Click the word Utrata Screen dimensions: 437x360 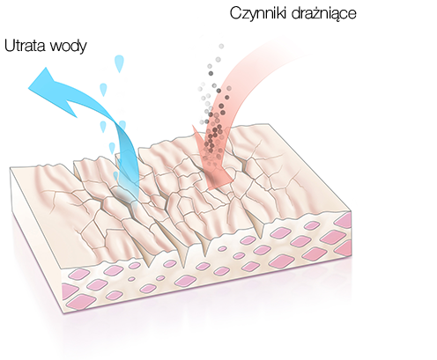pyautogui.click(x=26, y=46)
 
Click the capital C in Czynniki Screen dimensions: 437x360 pyautogui.click(x=235, y=13)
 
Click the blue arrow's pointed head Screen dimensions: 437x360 pyautogui.click(x=28, y=87)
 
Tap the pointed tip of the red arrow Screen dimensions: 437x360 pyautogui.click(x=208, y=188)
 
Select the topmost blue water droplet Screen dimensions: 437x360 pyautogui.click(x=119, y=63)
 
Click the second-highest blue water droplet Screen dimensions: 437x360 pyautogui.click(x=103, y=90)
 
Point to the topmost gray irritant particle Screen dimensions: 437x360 pyautogui.click(x=221, y=46)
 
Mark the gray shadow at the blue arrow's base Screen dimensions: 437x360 pyautogui.click(x=122, y=195)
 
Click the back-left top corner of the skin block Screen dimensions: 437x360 pyautogui.click(x=10, y=167)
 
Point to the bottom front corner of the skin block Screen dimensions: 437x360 pyautogui.click(x=63, y=314)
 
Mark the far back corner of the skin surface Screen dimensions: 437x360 pyautogui.click(x=269, y=124)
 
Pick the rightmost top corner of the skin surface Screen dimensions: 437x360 pyautogui.click(x=352, y=210)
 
